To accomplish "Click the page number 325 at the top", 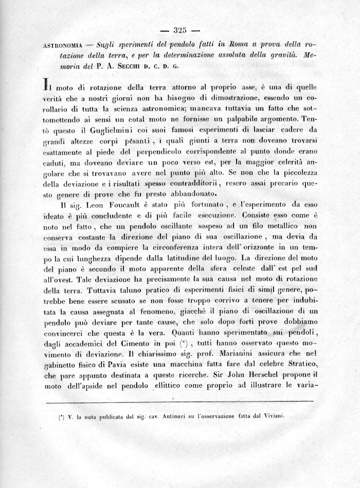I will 180,29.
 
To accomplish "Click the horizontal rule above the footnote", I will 179,401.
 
